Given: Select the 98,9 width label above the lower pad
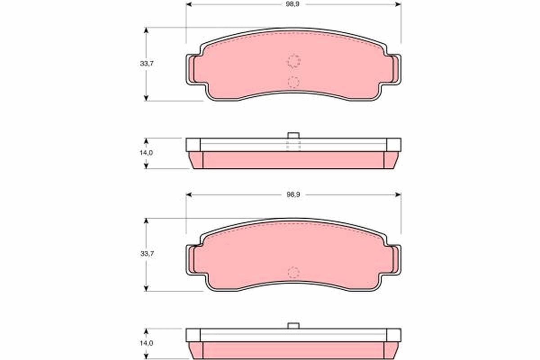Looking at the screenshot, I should (x=293, y=195).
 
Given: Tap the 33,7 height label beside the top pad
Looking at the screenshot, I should (x=147, y=64).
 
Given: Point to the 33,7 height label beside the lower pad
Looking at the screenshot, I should (x=147, y=254).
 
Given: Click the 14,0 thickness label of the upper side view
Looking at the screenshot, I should (x=147, y=153).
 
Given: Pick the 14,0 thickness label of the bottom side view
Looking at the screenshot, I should (x=147, y=343).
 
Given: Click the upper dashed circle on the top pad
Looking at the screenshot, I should (x=294, y=61).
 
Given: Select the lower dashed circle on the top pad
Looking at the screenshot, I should (x=293, y=82).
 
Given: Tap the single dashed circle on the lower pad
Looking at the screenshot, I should (x=293, y=272).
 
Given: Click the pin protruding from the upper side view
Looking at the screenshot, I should (x=293, y=135).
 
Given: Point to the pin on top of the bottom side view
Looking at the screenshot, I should (x=293, y=325).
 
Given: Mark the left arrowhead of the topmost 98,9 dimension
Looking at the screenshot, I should (x=189, y=4).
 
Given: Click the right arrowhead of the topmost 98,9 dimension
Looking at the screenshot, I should (x=398, y=4).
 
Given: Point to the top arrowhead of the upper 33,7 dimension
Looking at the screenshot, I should (x=146, y=30).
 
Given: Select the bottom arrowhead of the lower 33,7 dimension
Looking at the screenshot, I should (x=146, y=288).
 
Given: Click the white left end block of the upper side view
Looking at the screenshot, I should (x=193, y=144).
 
